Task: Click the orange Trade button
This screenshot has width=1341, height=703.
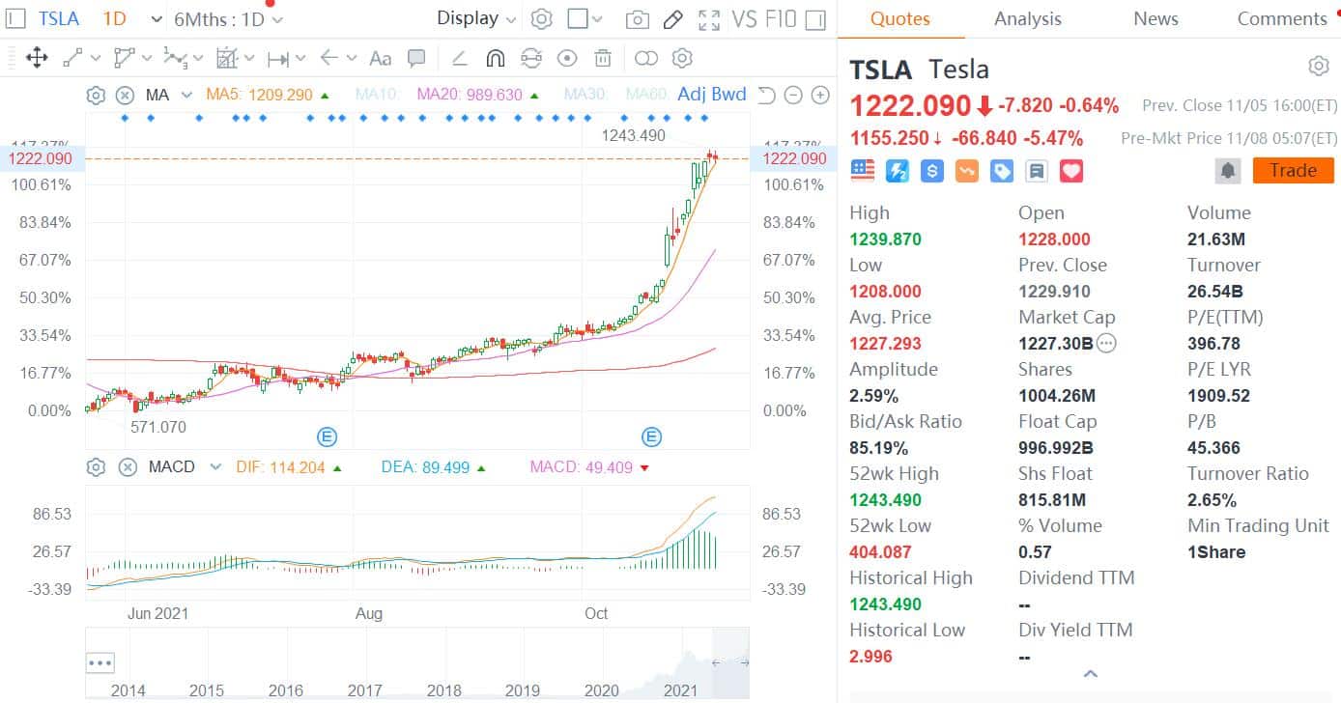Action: (x=1293, y=171)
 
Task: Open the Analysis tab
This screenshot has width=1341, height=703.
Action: (x=1027, y=18)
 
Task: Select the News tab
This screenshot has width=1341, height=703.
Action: (x=1156, y=18)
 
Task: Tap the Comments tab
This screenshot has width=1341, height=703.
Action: (x=1282, y=18)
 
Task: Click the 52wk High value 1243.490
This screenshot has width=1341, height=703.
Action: (x=885, y=500)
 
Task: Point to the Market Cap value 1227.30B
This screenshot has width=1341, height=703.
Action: (x=1055, y=344)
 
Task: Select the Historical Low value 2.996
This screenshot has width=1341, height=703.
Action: (x=870, y=657)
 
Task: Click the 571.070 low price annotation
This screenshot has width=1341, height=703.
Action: (x=158, y=427)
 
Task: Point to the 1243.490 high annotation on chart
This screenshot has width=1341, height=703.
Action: (x=633, y=135)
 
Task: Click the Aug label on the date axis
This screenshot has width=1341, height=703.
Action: (x=368, y=613)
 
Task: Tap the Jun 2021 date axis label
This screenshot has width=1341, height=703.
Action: (x=157, y=613)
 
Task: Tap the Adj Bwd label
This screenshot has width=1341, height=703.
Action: (x=712, y=95)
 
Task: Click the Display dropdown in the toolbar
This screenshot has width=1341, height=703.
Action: (x=476, y=18)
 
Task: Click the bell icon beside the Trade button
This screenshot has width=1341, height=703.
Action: (x=1228, y=171)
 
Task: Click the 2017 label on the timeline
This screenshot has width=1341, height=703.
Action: (x=364, y=690)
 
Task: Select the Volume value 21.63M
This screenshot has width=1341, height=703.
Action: (x=1215, y=239)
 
